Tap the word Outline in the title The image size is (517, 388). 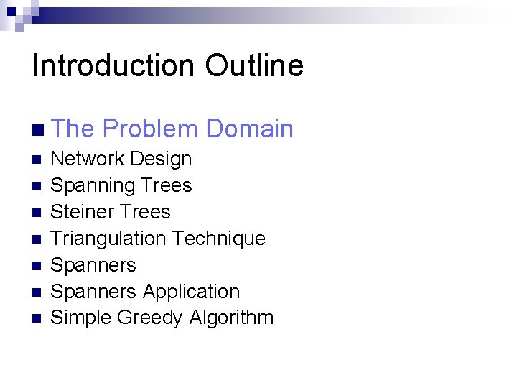tap(254, 66)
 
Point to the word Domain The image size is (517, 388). tap(249, 129)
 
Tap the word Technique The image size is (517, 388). tap(221, 239)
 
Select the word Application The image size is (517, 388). tap(191, 292)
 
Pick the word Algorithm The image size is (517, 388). tap(232, 318)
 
